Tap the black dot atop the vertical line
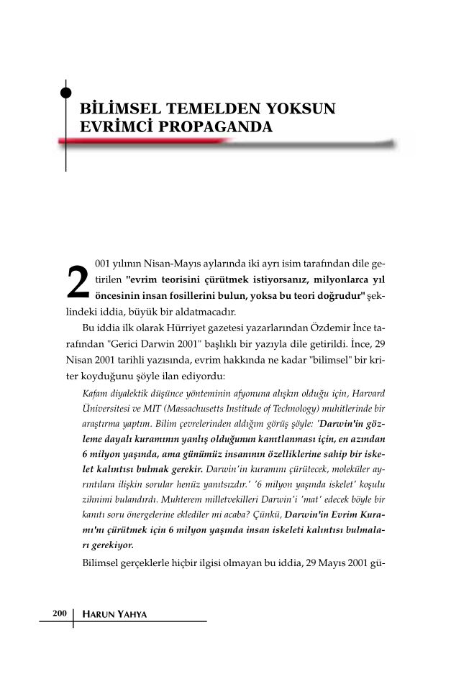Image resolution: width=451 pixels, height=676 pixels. (x=66, y=91)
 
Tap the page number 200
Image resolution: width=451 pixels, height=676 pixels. (x=59, y=613)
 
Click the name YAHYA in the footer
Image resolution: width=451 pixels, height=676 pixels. (x=137, y=614)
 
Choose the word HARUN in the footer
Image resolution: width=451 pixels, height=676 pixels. (x=98, y=614)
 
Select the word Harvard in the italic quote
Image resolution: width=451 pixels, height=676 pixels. (x=367, y=393)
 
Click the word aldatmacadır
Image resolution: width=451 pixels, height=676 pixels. (x=204, y=312)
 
